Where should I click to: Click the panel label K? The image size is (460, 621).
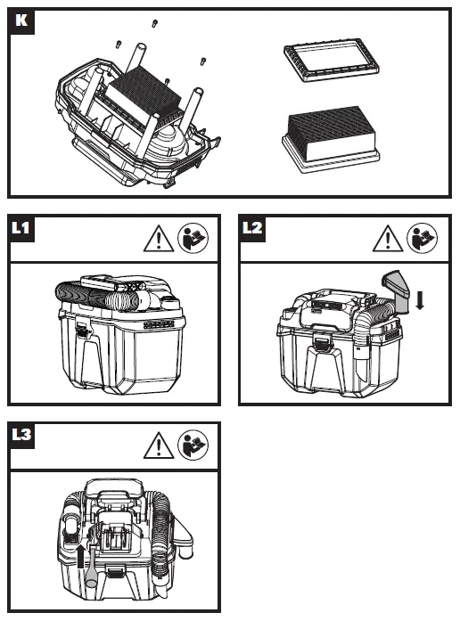[x=21, y=20]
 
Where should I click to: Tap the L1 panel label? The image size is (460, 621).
[x=21, y=228]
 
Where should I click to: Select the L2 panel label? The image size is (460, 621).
[x=252, y=228]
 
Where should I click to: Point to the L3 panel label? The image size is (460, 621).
[x=21, y=436]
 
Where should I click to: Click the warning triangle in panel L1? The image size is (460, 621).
[x=159, y=239]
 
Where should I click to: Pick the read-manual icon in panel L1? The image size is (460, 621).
[x=193, y=238]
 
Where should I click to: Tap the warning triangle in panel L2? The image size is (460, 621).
[x=388, y=239]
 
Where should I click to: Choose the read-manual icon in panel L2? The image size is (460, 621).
[x=423, y=238]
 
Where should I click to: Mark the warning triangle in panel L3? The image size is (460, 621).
[x=159, y=445]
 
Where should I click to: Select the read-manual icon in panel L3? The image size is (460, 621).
[x=193, y=445]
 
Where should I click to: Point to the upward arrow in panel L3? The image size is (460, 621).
[x=81, y=556]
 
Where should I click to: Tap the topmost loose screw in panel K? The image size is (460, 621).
[x=155, y=24]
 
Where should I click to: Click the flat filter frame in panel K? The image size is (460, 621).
[x=332, y=60]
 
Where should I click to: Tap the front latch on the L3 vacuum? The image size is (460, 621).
[x=114, y=572]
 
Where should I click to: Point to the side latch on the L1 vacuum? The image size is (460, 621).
[x=82, y=330]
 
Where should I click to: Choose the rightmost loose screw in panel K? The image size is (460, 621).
[x=203, y=61]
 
